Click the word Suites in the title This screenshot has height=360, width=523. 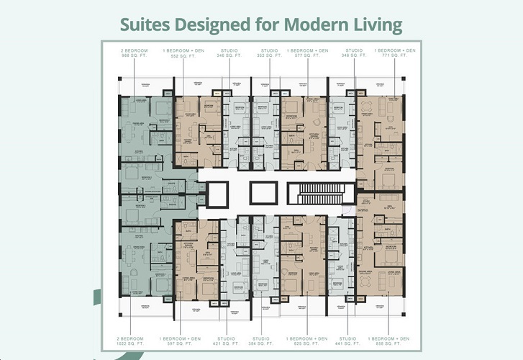[x=142, y=24]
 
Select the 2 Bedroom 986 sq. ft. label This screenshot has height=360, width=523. [x=135, y=53]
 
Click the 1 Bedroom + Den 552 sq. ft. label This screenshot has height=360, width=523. [x=183, y=53]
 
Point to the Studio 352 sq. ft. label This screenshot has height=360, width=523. [x=270, y=53]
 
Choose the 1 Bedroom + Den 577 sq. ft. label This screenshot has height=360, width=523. [x=308, y=53]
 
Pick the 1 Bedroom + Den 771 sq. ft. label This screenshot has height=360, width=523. [x=394, y=53]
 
